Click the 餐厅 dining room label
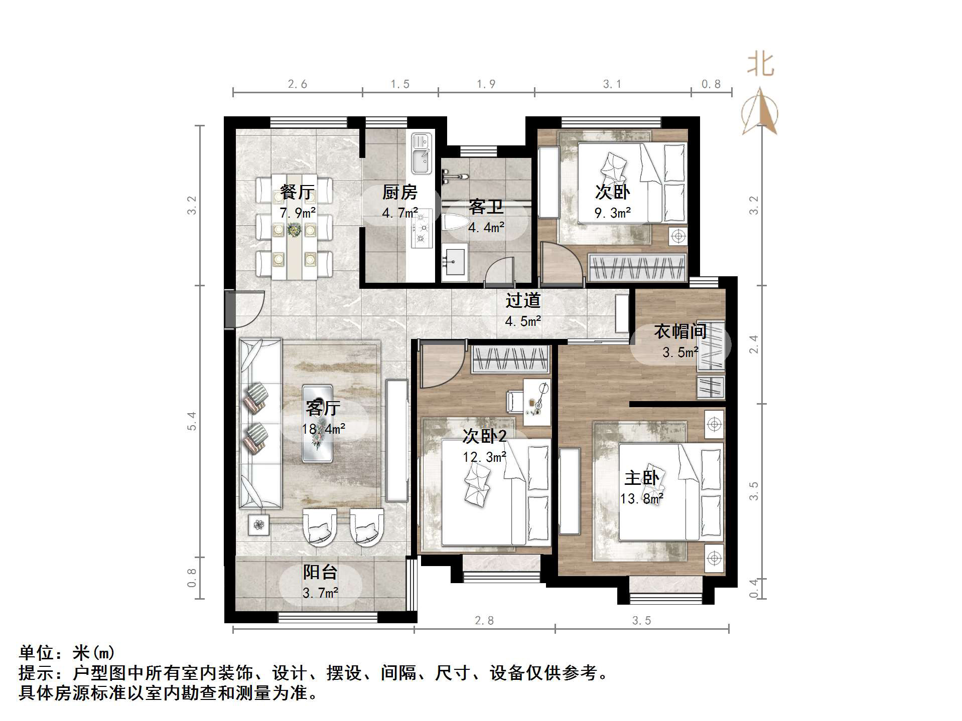[x=297, y=192]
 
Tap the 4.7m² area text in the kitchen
[x=399, y=213]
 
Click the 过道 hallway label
[x=523, y=300]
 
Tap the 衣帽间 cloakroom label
[x=680, y=331]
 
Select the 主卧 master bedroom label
[x=641, y=477]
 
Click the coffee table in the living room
[x=317, y=423]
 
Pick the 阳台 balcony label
[x=320, y=572]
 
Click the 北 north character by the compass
[x=760, y=65]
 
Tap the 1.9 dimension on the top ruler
[x=486, y=84]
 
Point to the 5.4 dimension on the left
[x=192, y=421]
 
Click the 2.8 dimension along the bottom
[x=484, y=620]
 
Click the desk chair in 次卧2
[x=514, y=402]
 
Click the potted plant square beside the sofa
[x=258, y=525]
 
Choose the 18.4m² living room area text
[x=323, y=429]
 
